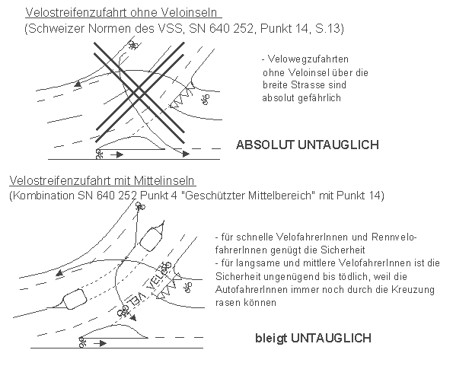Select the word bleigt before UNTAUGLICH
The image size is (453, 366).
[270, 336]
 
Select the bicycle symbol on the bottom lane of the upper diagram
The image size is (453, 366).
[100, 153]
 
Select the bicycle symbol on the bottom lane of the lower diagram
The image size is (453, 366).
[81, 343]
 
